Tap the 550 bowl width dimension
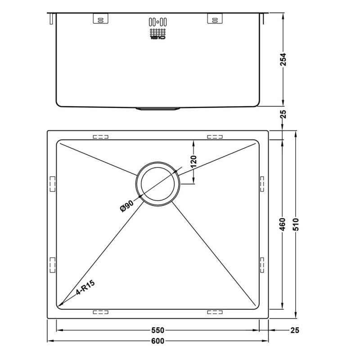[x=157, y=330]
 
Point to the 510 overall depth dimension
[x=296, y=224]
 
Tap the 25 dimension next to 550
[x=295, y=330]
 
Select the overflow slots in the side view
[x=157, y=21]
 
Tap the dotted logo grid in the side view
[x=157, y=34]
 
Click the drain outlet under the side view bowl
[x=157, y=108]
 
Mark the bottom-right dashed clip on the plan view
[x=215, y=311]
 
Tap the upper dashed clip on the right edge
[x=262, y=184]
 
